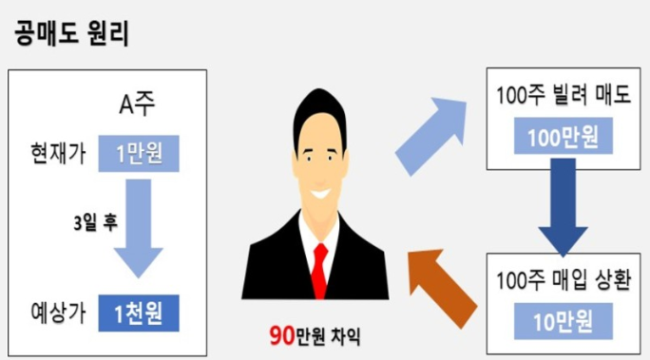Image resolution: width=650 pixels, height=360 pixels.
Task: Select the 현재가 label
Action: pyautogui.click(x=58, y=155)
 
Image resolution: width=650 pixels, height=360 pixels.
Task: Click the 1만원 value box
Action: pyautogui.click(x=138, y=155)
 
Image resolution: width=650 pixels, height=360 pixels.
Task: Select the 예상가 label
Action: pyautogui.click(x=58, y=312)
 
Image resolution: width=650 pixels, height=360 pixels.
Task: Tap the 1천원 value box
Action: pyautogui.click(x=138, y=312)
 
